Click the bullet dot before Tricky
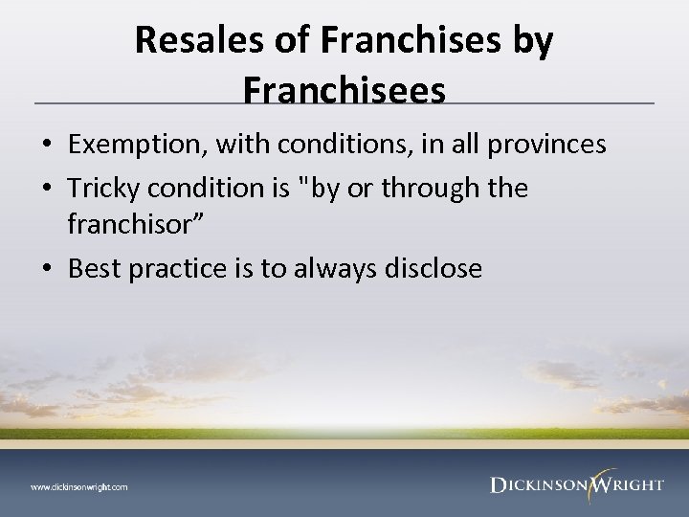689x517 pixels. pyautogui.click(x=48, y=189)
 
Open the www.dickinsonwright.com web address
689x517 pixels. pyautogui.click(x=78, y=486)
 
